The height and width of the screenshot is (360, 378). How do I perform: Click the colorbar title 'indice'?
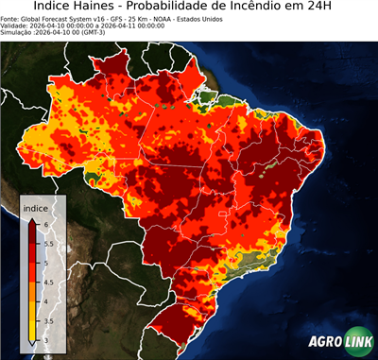[x=36, y=207]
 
